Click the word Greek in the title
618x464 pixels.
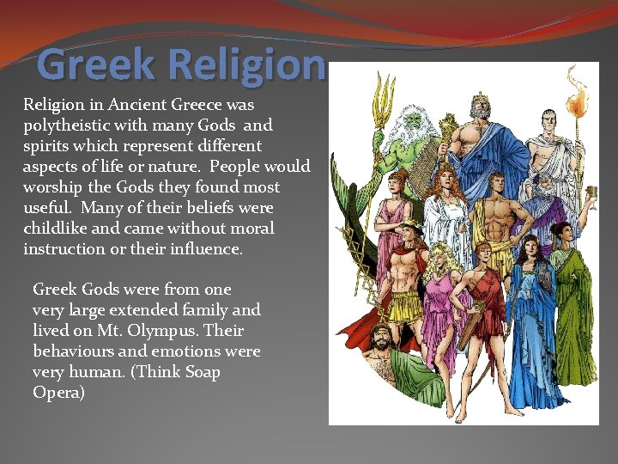coord(97,65)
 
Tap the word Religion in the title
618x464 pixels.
coord(247,65)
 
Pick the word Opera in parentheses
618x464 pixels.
coord(58,393)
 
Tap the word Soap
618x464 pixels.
coord(200,372)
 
